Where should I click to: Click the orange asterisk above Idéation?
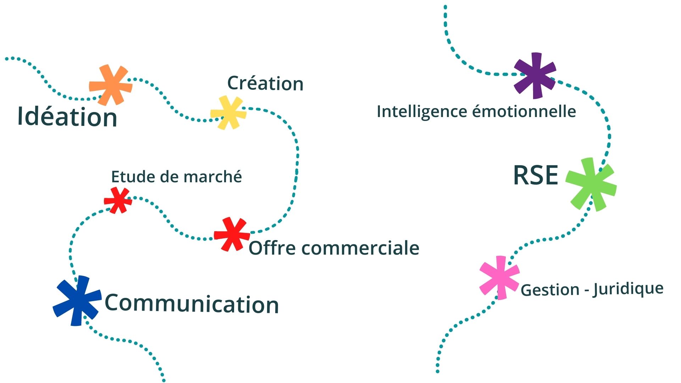pos(111,85)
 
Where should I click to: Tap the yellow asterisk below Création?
pos(228,113)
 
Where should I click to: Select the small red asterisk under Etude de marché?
pos(118,200)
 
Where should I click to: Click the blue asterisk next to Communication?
pos(77,301)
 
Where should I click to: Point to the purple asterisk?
pos(535,75)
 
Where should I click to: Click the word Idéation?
pos(67,116)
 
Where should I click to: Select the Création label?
pos(265,83)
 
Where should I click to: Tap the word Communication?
pos(192,304)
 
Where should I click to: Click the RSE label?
pos(536,175)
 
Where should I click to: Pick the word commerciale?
pos(360,248)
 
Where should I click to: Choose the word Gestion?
pos(550,290)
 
